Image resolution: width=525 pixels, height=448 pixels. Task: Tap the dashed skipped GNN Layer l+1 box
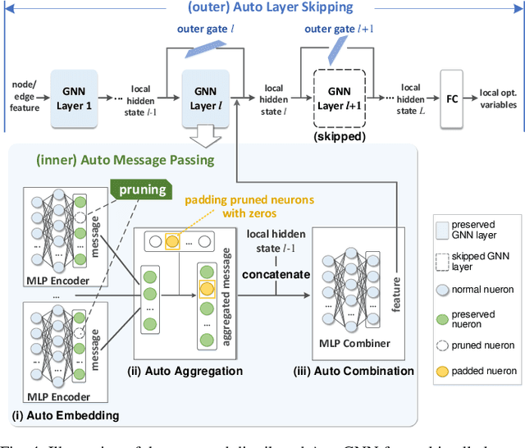coord(339,97)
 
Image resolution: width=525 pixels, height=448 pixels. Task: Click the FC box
coord(453,97)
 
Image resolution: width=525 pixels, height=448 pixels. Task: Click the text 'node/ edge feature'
coord(24,96)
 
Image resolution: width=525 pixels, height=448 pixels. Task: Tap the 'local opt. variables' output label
coord(498,98)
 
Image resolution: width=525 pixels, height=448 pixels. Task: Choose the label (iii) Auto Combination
coord(354,371)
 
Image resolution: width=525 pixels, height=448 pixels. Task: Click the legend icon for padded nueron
coord(444,371)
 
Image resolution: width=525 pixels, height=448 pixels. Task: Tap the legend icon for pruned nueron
coord(444,345)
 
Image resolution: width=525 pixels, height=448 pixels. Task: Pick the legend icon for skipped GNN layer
coord(444,262)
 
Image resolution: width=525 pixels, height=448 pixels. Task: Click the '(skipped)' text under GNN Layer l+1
coord(339,137)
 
